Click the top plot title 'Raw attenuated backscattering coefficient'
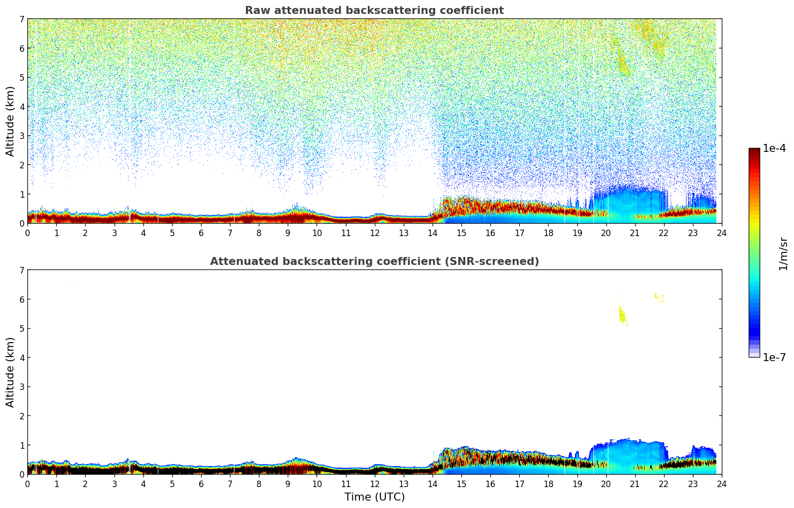[374, 10]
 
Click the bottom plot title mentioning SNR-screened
[374, 261]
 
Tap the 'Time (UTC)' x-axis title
[374, 497]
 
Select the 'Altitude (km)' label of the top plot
[10, 121]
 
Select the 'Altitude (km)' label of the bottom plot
[10, 372]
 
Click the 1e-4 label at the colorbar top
[774, 148]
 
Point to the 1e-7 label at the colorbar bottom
[774, 358]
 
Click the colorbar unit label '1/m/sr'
[783, 254]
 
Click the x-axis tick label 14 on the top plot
[432, 233]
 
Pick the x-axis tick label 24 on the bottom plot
[721, 484]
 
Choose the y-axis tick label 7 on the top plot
[21, 19]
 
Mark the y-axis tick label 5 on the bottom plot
[21, 329]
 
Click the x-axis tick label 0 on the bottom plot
[27, 484]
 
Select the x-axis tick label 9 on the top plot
[288, 233]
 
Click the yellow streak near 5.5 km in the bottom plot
[622, 315]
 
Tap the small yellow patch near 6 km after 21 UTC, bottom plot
[659, 298]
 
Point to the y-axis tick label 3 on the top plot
[21, 136]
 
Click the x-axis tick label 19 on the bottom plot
[577, 484]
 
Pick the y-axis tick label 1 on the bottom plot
[21, 445]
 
